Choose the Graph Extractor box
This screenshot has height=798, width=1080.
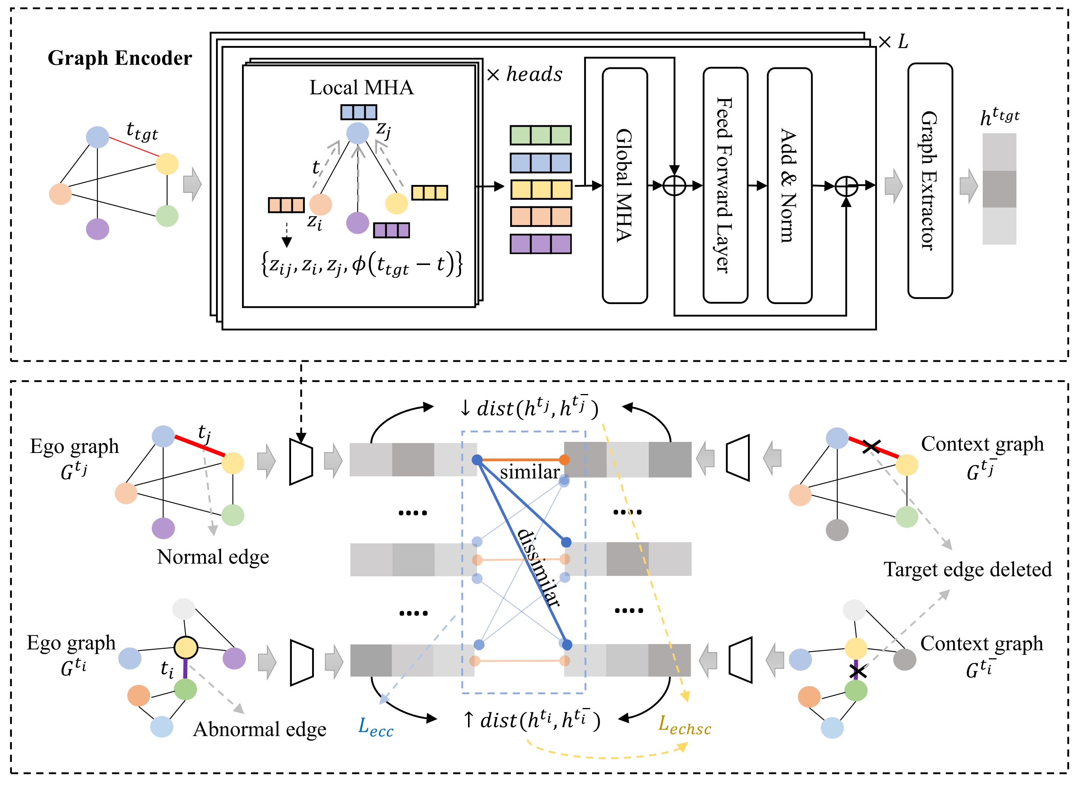point(930,181)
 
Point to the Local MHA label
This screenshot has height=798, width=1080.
point(361,87)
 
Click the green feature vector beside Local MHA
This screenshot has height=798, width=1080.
point(540,135)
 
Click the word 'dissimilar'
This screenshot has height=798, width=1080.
point(538,567)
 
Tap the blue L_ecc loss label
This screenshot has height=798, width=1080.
point(375,728)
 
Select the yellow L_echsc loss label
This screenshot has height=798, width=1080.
point(684,726)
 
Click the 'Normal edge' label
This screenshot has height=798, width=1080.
point(213,557)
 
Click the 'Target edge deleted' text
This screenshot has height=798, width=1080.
point(967,569)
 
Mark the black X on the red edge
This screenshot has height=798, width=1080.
point(871,446)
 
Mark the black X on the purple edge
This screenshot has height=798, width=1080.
point(857,671)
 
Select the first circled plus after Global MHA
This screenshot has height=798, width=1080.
point(674,185)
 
